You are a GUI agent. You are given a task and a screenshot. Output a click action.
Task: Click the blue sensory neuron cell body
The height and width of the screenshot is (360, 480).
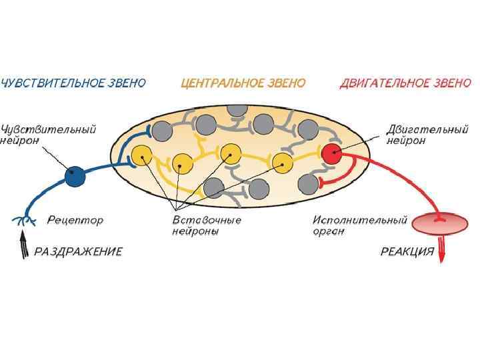[75, 176]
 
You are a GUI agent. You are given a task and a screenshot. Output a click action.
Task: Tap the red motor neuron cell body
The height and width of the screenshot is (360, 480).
[331, 155]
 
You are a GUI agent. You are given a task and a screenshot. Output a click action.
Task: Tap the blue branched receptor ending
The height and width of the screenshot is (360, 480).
[25, 220]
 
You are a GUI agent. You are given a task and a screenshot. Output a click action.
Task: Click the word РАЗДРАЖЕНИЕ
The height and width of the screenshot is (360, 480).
[78, 252]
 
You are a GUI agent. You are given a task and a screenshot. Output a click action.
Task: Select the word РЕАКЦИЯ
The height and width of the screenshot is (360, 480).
[407, 252]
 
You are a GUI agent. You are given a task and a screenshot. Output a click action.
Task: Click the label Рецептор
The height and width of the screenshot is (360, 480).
[75, 219]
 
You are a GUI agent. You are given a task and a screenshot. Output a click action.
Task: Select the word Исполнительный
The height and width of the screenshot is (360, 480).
[360, 219]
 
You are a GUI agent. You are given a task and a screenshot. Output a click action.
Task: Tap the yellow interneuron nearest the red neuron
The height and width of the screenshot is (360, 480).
[283, 162]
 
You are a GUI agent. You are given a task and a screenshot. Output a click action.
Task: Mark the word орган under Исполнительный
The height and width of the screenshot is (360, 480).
[329, 231]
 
